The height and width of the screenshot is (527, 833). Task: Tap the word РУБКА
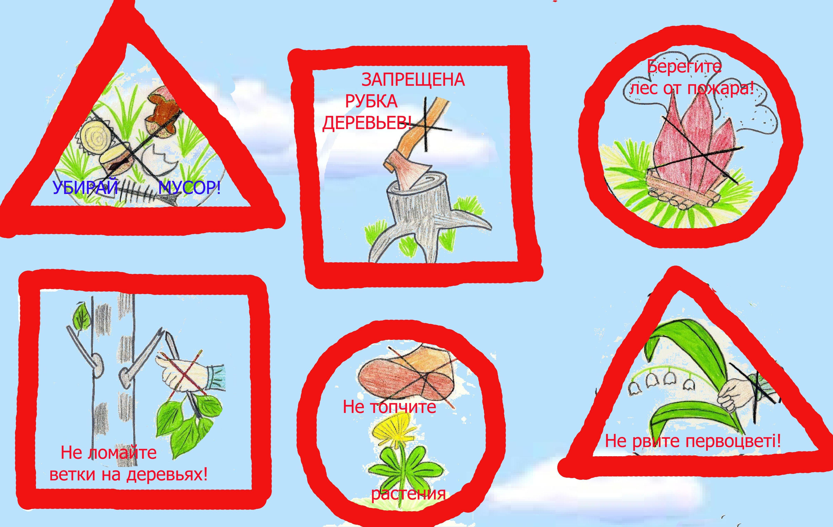pos(371,102)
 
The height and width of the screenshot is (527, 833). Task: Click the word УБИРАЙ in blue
pos(85,188)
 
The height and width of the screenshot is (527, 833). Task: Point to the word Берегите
pos(685,67)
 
